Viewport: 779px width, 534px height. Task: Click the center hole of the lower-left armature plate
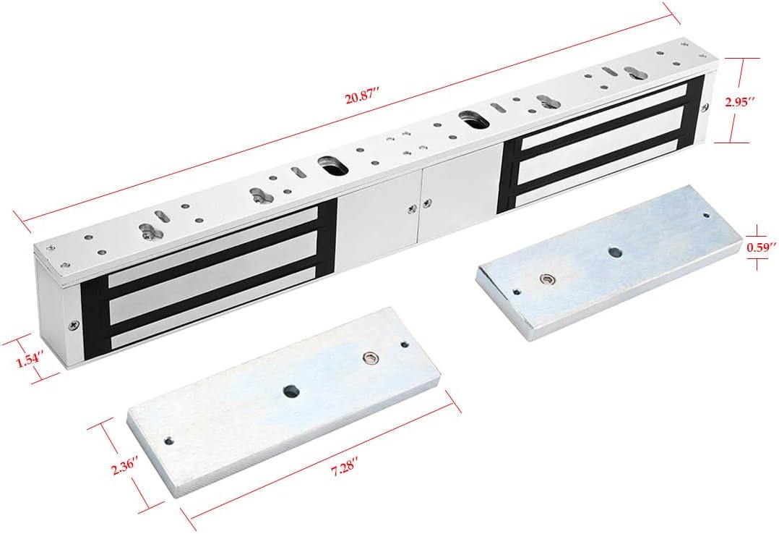coord(290,392)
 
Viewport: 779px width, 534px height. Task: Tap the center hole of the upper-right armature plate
coord(615,253)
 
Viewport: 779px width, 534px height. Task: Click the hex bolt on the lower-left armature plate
coord(371,357)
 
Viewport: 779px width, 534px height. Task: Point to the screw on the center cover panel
coord(412,208)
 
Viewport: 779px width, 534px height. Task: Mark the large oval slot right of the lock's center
coord(475,117)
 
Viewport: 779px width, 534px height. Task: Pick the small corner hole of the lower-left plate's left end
coord(169,440)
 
